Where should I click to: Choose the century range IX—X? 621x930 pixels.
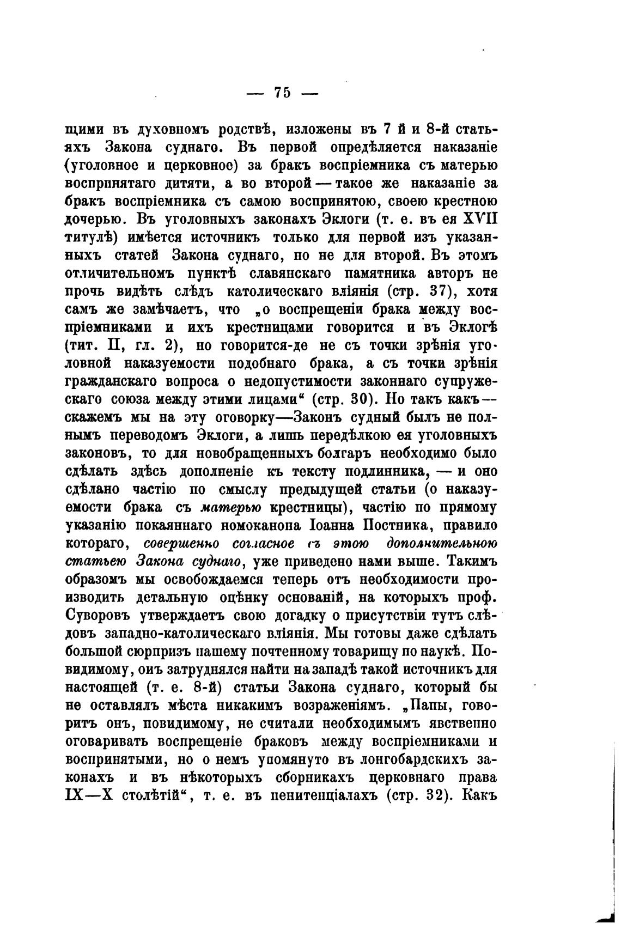(x=88, y=794)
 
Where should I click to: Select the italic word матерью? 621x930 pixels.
(x=231, y=507)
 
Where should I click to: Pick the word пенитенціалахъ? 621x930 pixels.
(x=317, y=794)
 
